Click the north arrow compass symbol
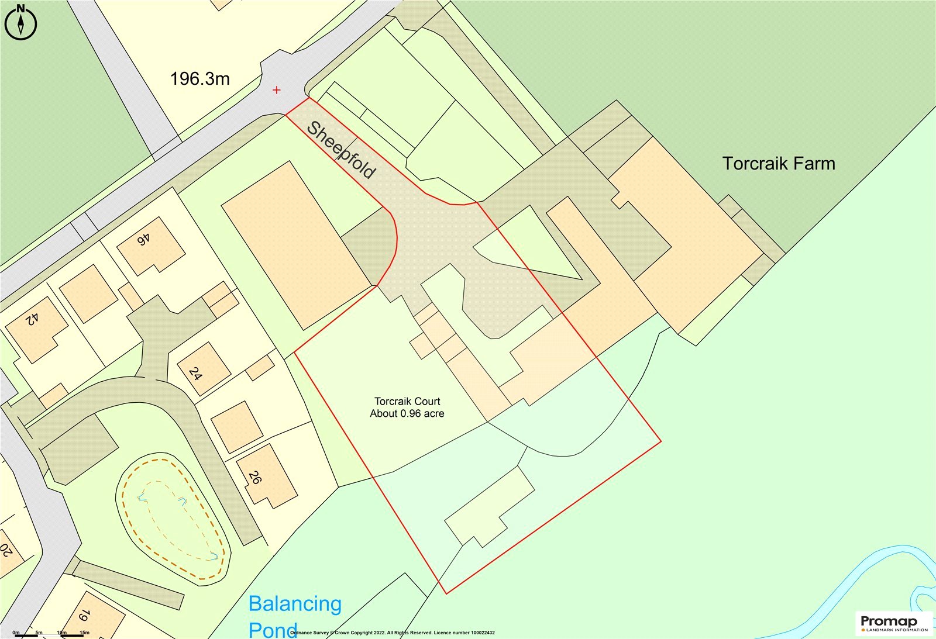coord(20,22)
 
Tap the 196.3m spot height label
coord(199,79)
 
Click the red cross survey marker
coord(277,90)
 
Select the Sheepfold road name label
coord(341,150)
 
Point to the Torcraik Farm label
coord(779,164)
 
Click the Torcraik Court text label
coord(407,402)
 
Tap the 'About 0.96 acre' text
coord(407,414)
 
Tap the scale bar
coord(50,633)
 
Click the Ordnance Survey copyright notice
coord(392,633)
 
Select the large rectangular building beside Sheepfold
coord(295,246)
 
